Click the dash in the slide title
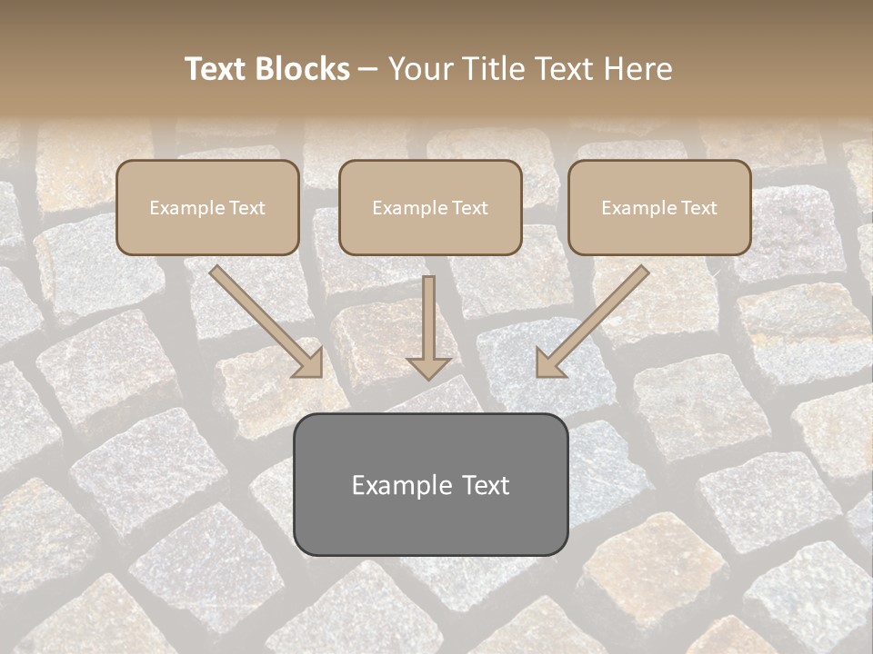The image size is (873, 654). tap(368, 70)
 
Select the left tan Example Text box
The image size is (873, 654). tap(207, 207)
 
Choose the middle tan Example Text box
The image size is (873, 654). tap(430, 207)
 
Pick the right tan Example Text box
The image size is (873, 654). tap(659, 207)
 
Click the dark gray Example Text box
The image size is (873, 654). tap(430, 484)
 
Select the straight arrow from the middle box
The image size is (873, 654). tap(429, 322)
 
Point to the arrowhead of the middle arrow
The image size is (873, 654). tap(429, 367)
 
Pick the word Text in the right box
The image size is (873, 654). tap(698, 208)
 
